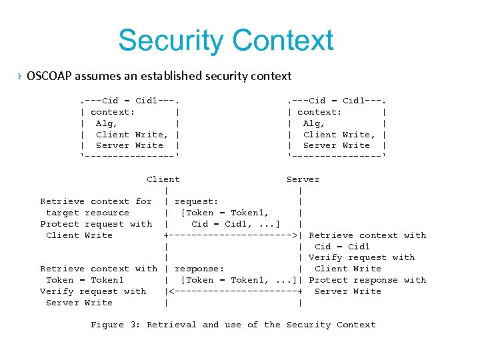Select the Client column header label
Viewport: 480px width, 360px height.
pos(163,179)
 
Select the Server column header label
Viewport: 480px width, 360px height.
pos(303,179)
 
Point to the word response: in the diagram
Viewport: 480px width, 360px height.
pos(199,269)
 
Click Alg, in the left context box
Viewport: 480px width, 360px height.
pos(107,123)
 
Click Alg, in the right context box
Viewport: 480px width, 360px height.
pos(313,123)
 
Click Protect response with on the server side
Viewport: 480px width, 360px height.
pos(367,280)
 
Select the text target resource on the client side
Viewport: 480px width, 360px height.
pos(87,213)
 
